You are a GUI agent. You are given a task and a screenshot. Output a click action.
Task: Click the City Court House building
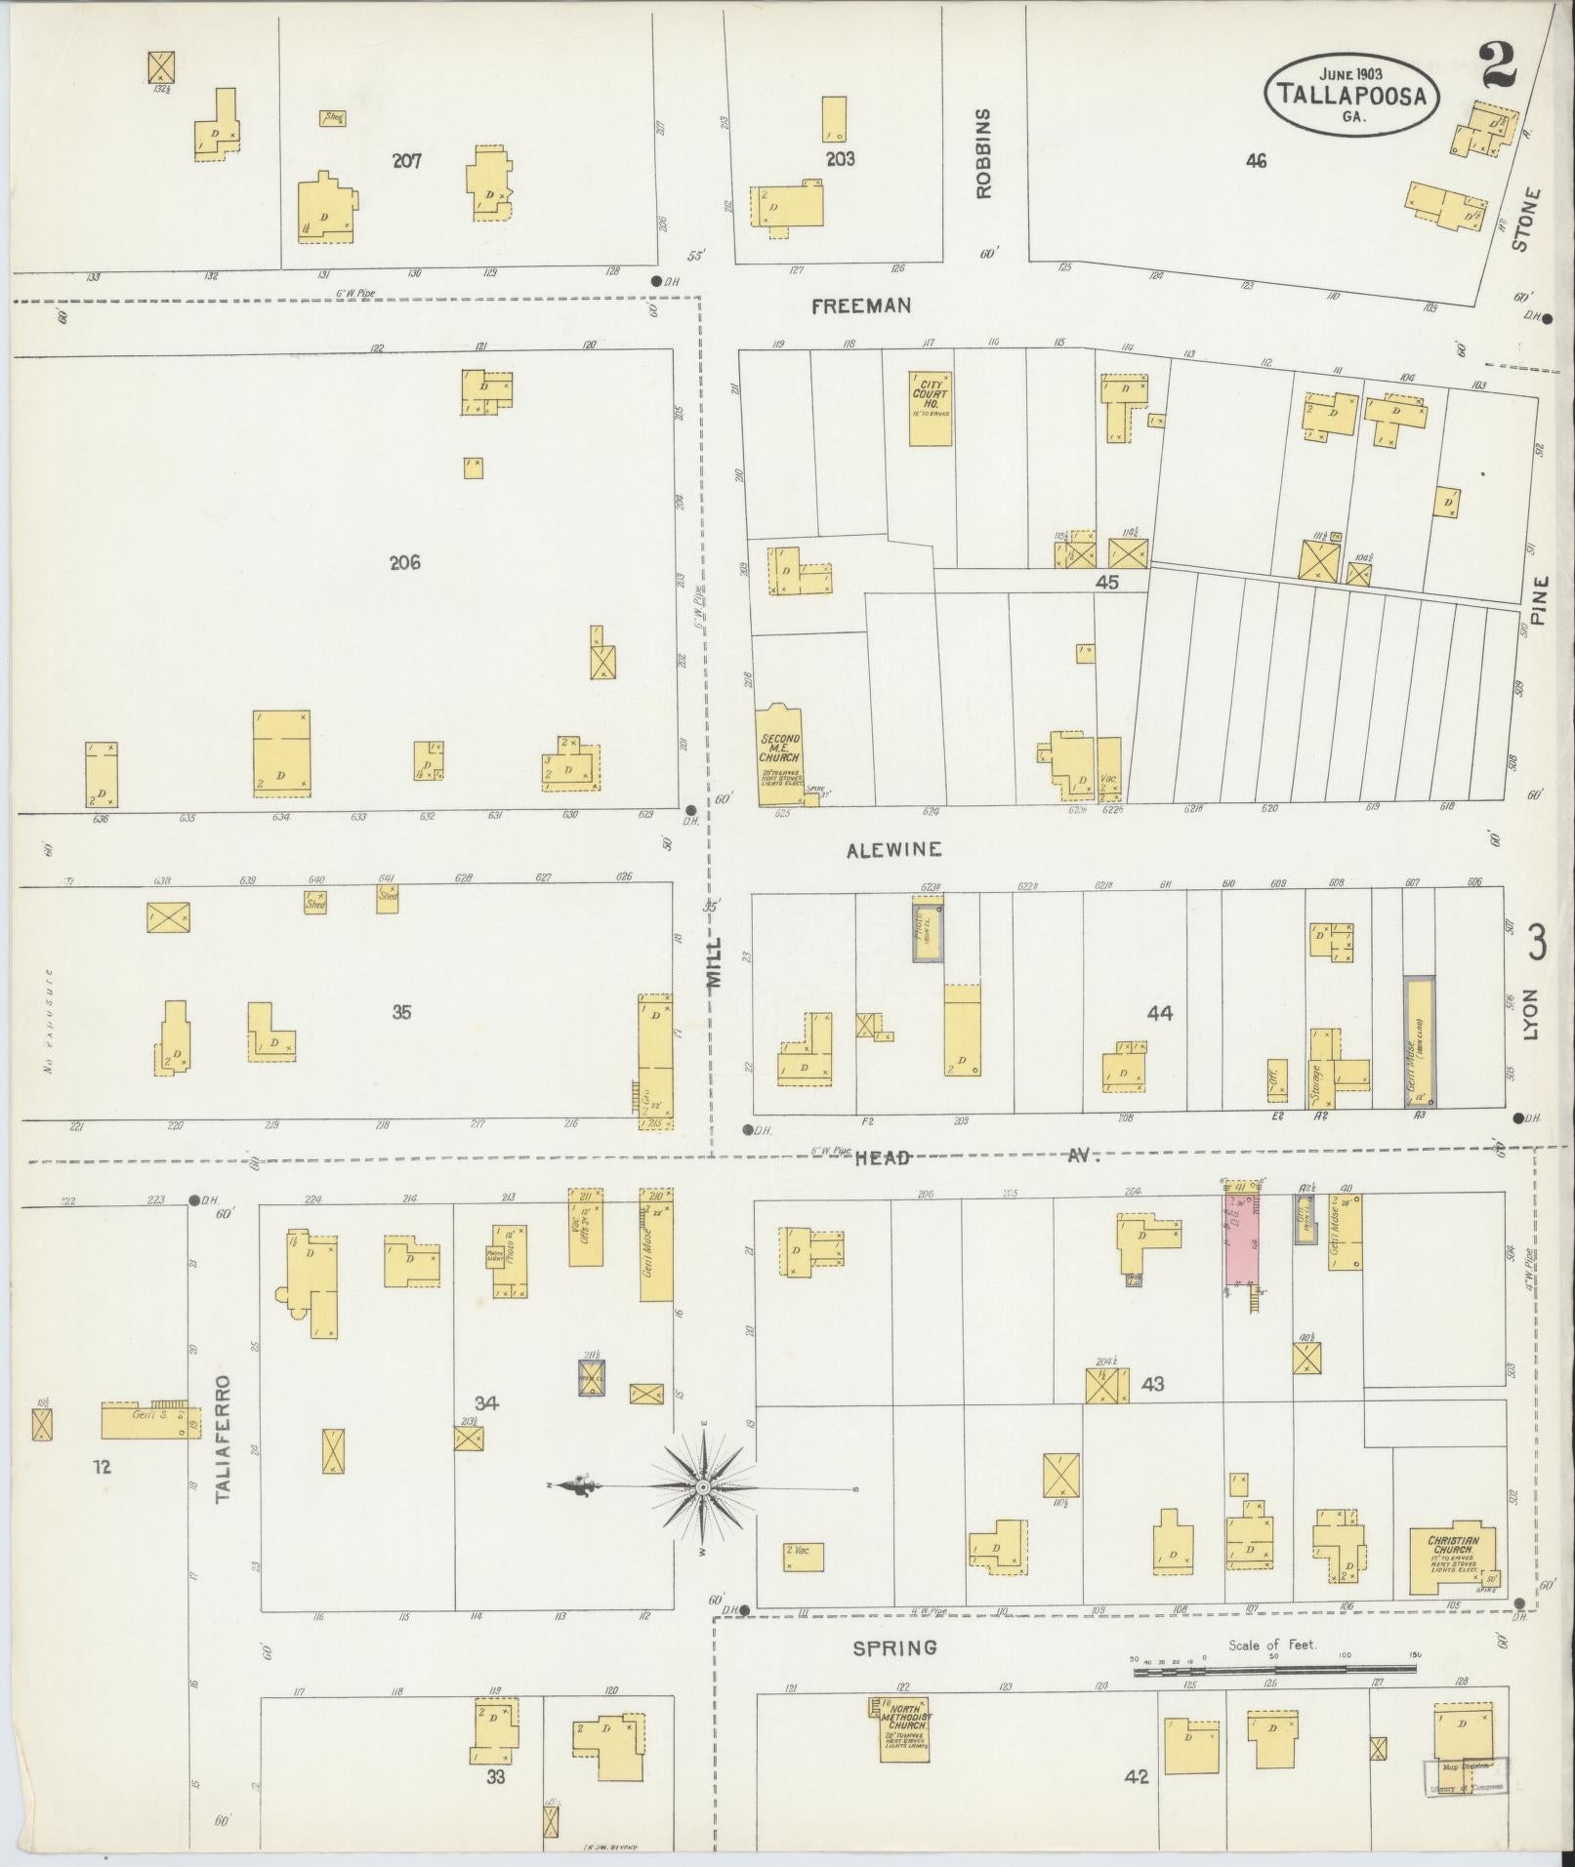tap(931, 408)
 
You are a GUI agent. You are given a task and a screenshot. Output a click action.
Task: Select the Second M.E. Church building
tap(780, 752)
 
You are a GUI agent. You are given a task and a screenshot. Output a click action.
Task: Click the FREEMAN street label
tap(862, 305)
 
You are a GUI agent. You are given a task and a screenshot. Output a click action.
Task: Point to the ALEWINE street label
tap(894, 850)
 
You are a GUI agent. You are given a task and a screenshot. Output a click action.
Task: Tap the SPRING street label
tap(895, 1648)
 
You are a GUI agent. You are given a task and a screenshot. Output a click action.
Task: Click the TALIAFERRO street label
tap(224, 1451)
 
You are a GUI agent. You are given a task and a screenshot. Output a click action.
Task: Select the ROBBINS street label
tap(983, 153)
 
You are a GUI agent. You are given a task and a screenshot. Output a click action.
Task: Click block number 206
tap(404, 562)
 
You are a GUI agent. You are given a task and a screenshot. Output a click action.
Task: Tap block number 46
tap(1256, 161)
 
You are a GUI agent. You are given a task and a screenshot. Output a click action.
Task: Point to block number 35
tap(401, 1012)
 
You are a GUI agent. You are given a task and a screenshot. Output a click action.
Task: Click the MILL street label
tap(715, 965)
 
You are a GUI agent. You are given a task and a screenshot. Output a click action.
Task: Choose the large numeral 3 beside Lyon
tap(1537, 943)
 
